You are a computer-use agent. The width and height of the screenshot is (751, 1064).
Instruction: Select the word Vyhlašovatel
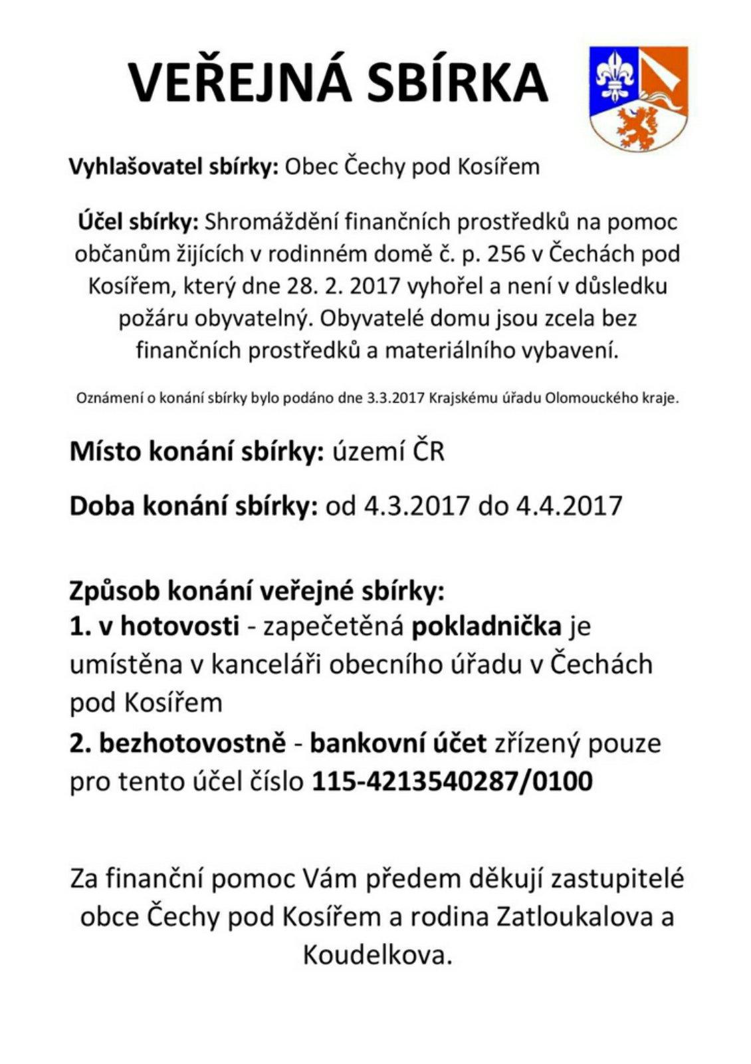point(126,166)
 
